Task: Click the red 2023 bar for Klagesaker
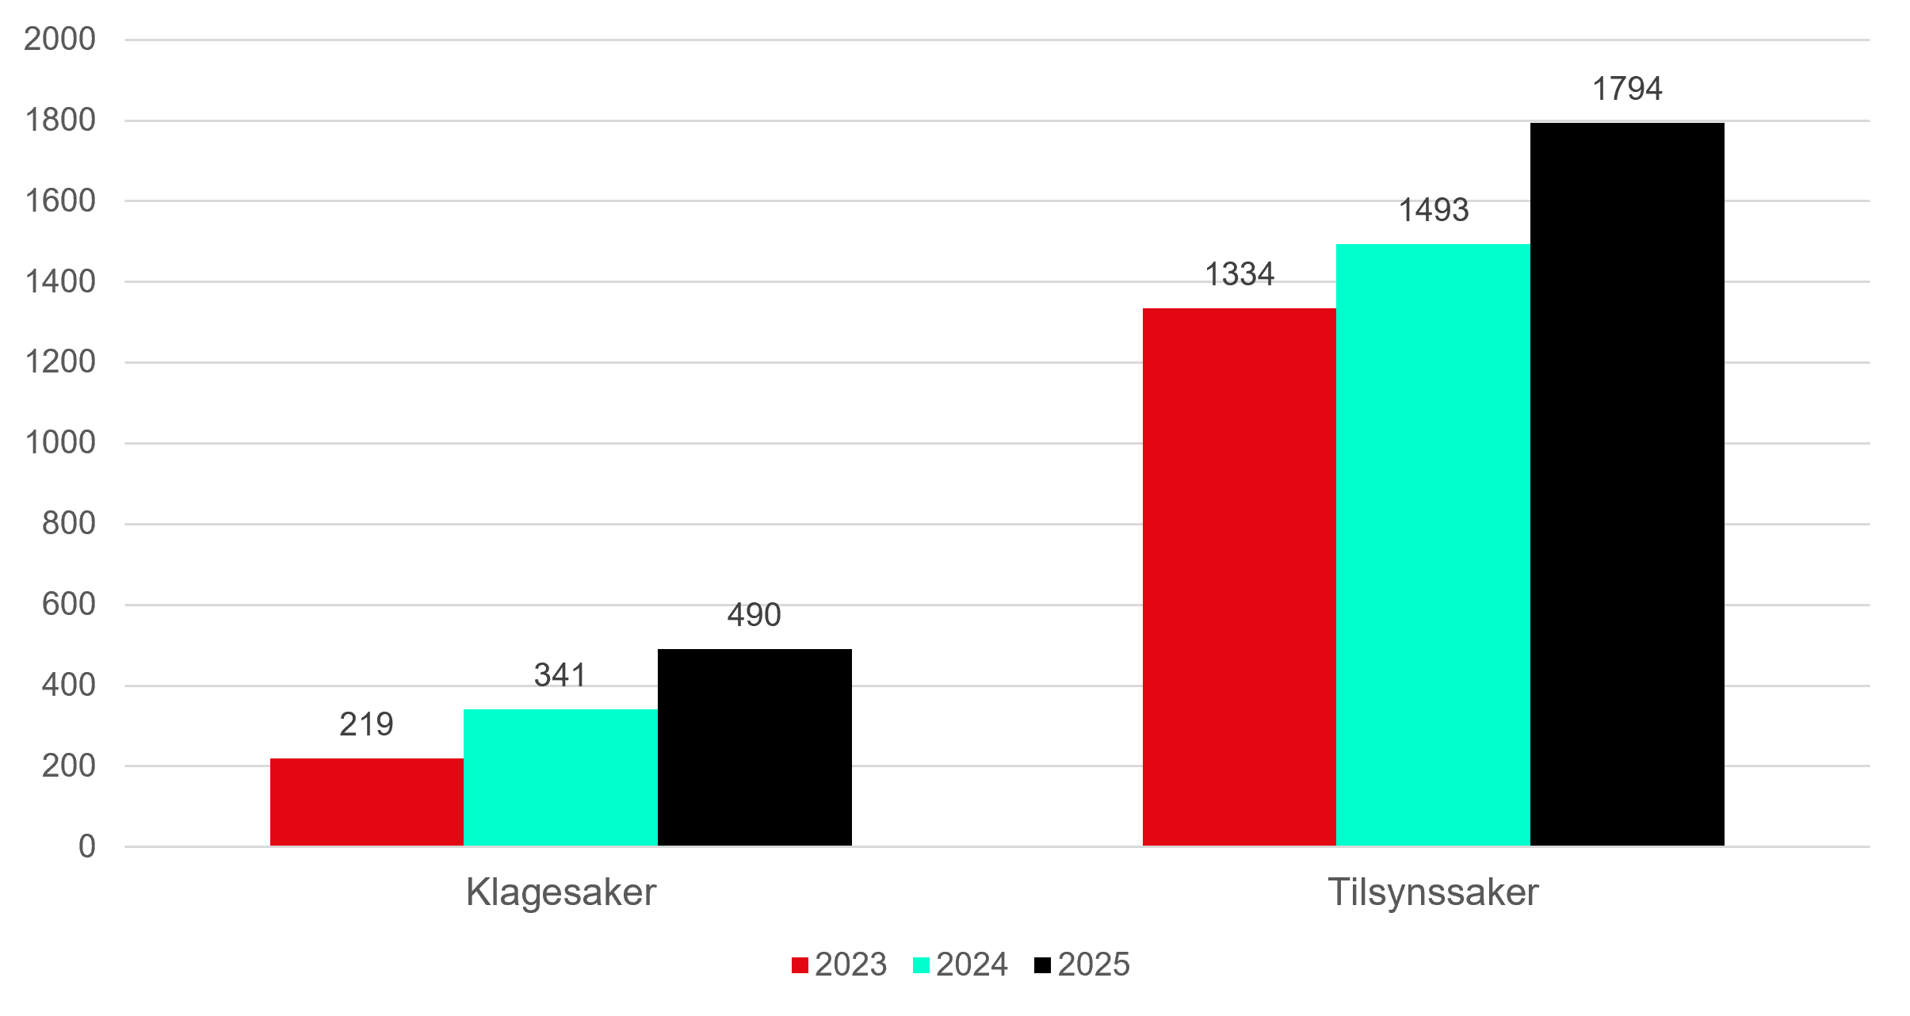(367, 802)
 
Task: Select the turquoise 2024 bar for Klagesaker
(561, 777)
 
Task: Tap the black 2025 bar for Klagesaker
(755, 747)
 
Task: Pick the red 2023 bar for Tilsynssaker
(1240, 577)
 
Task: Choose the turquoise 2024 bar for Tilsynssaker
(1434, 545)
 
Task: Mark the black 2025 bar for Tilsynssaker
(1627, 484)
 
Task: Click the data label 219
(366, 724)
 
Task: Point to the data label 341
(560, 675)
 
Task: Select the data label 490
(754, 615)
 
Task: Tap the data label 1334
(1240, 274)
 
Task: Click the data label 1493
(1434, 210)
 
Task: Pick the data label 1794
(1627, 89)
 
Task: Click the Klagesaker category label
(561, 892)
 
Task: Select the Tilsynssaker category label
(1433, 893)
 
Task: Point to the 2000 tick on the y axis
(59, 39)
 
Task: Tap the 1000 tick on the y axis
(60, 442)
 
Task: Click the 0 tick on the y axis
(87, 846)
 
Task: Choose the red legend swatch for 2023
(800, 965)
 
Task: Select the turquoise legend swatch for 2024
(921, 965)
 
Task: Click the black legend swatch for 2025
(1042, 965)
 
